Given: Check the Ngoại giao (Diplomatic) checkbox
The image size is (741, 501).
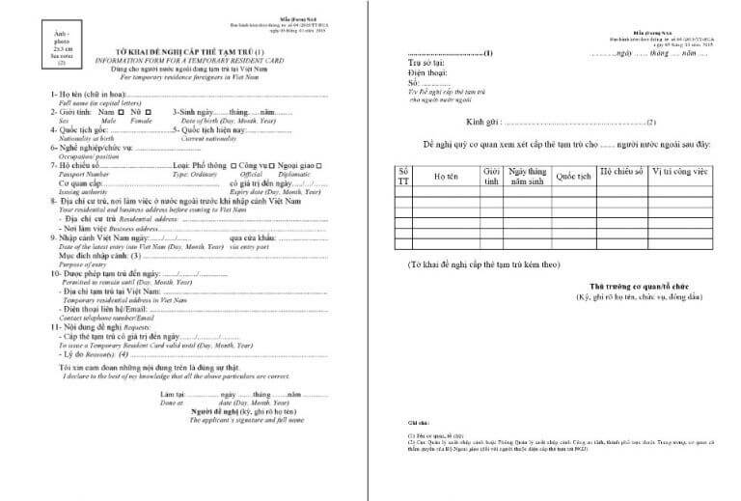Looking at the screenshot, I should pyautogui.click(x=330, y=165).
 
